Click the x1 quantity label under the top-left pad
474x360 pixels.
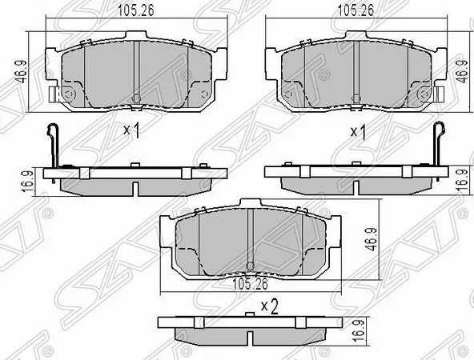tap(132, 130)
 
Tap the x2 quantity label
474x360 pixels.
tap(268, 305)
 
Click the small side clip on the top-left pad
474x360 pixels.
tap(54, 94)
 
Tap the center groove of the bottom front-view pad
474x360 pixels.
tap(251, 240)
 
